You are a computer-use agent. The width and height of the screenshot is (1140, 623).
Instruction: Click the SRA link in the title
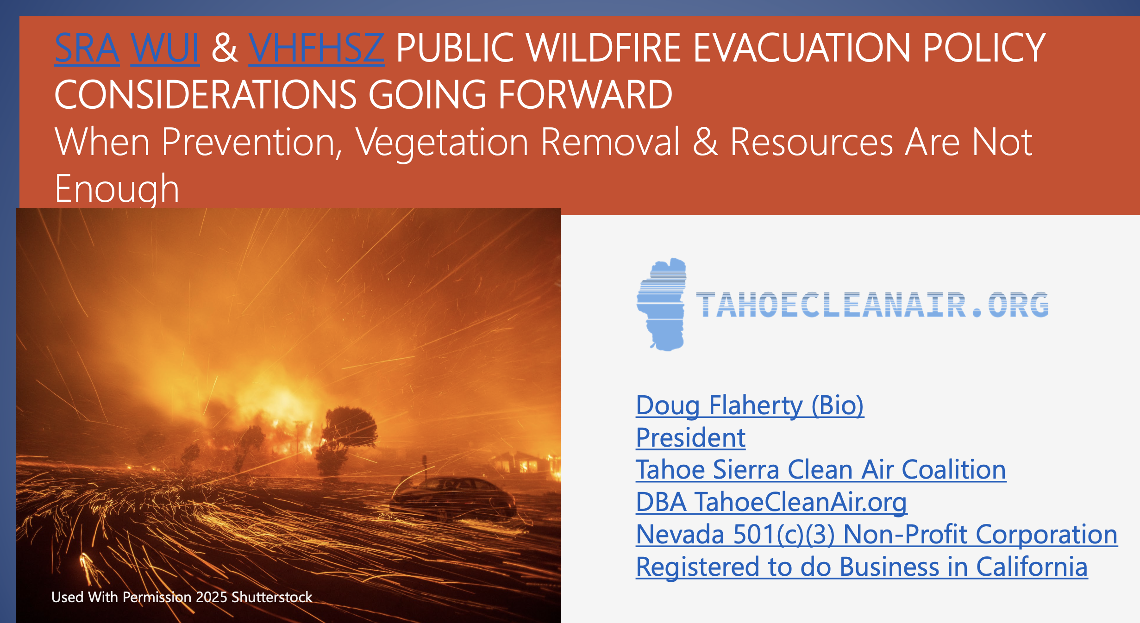point(87,48)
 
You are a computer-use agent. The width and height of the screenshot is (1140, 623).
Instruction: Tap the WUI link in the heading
point(165,48)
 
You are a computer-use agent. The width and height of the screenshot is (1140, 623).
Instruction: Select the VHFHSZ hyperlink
point(316,48)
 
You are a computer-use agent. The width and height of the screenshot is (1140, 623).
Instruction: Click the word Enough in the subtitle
point(117,188)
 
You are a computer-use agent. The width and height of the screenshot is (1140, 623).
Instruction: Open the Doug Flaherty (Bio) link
point(750,405)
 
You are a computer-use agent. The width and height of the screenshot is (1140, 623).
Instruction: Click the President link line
point(690,437)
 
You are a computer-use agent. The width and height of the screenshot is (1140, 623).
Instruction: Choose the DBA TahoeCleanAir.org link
point(771,502)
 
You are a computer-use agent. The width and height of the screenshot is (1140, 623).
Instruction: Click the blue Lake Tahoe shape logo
point(662,305)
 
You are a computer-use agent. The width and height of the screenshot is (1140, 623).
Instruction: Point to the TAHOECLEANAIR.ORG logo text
point(872,305)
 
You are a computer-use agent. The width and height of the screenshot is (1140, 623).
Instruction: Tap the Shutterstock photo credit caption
point(182,597)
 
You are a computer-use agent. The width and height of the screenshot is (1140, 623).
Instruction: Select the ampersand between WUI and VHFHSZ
point(224,48)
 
